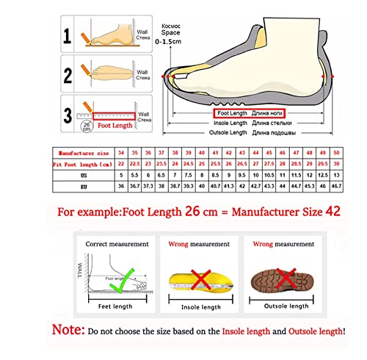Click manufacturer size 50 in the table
click(x=335, y=153)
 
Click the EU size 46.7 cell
click(x=335, y=187)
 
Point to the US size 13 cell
click(x=335, y=176)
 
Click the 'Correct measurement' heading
click(x=117, y=244)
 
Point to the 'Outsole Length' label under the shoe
click(x=228, y=132)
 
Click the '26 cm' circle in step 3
click(x=87, y=126)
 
